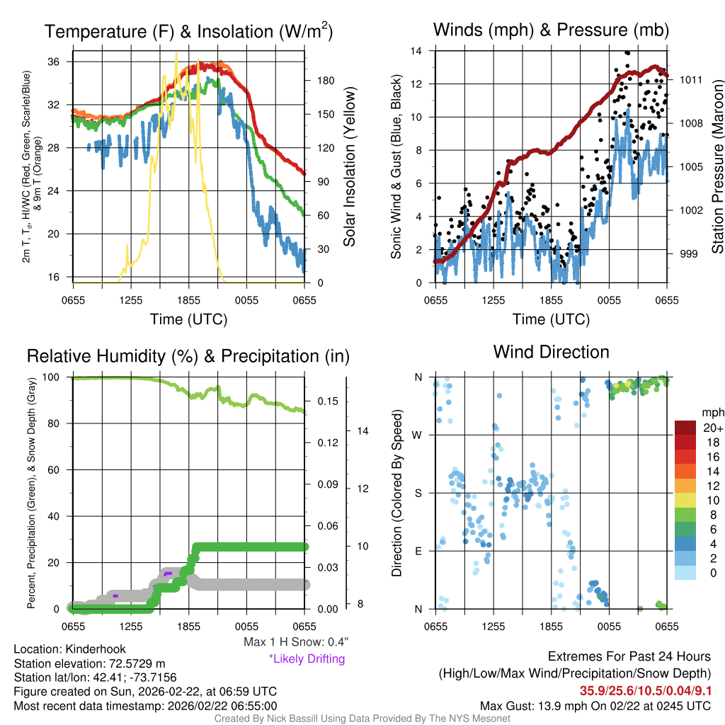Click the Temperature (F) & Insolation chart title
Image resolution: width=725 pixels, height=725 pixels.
188,32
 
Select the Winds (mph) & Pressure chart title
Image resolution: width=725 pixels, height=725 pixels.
551,30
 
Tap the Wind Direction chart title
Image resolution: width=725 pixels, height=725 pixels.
551,352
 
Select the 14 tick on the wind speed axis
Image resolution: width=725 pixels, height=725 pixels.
416,51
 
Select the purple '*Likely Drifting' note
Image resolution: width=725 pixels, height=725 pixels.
307,658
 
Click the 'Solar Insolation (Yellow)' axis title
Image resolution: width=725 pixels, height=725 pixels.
349,167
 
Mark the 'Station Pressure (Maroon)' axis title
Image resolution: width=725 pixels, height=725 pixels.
717,167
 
